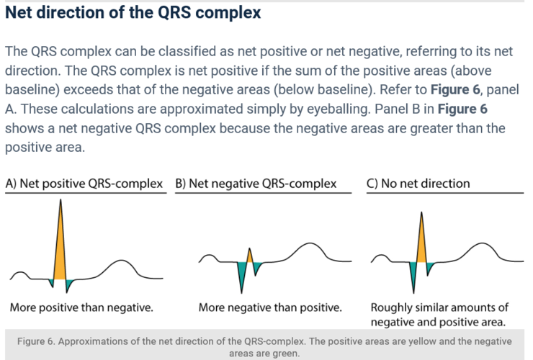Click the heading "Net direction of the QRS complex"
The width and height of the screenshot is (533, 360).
133,14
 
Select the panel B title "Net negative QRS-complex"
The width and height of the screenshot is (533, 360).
256,184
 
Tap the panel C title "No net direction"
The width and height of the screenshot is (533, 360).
418,184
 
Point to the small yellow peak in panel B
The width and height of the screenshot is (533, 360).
249,257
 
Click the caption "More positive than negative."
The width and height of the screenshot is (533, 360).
81,307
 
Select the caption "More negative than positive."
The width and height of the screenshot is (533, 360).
270,307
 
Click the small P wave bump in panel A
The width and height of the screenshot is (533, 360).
22,273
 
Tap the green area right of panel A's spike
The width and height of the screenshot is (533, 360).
69,283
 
